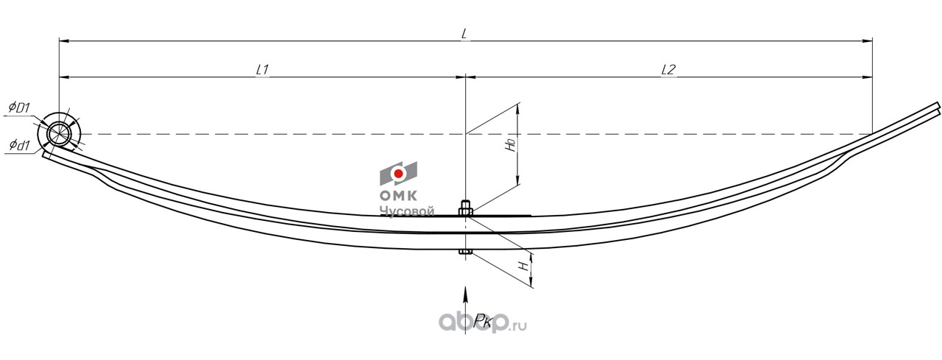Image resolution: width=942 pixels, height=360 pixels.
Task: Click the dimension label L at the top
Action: pyautogui.click(x=464, y=34)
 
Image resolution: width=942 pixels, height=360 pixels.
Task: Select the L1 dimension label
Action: pyautogui.click(x=263, y=70)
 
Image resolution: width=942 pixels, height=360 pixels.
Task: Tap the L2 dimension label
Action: pyautogui.click(x=668, y=70)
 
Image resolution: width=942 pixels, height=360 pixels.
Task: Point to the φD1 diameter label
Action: pyautogui.click(x=18, y=107)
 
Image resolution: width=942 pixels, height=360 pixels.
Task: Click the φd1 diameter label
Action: pyautogui.click(x=19, y=146)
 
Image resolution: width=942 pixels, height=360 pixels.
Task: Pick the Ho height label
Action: pyautogui.click(x=511, y=144)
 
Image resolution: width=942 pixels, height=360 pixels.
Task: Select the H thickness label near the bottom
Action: pyautogui.click(x=523, y=266)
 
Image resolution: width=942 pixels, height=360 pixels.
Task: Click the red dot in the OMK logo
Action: pyautogui.click(x=398, y=174)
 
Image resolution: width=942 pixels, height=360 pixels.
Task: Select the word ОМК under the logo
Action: pyautogui.click(x=399, y=196)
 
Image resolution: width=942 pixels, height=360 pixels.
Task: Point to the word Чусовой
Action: pyautogui.click(x=407, y=211)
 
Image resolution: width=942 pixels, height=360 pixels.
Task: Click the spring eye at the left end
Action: pyautogui.click(x=59, y=134)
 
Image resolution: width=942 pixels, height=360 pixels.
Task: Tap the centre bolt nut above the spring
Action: pyautogui.click(x=465, y=208)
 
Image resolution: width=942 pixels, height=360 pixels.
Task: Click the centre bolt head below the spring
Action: pyautogui.click(x=465, y=252)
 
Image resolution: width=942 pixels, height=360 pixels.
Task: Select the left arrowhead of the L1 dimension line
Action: pyautogui.click(x=64, y=77)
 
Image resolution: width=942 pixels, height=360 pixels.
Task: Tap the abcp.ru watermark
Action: pyautogui.click(x=483, y=323)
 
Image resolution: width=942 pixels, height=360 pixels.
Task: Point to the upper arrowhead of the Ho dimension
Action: pyautogui.click(x=517, y=108)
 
